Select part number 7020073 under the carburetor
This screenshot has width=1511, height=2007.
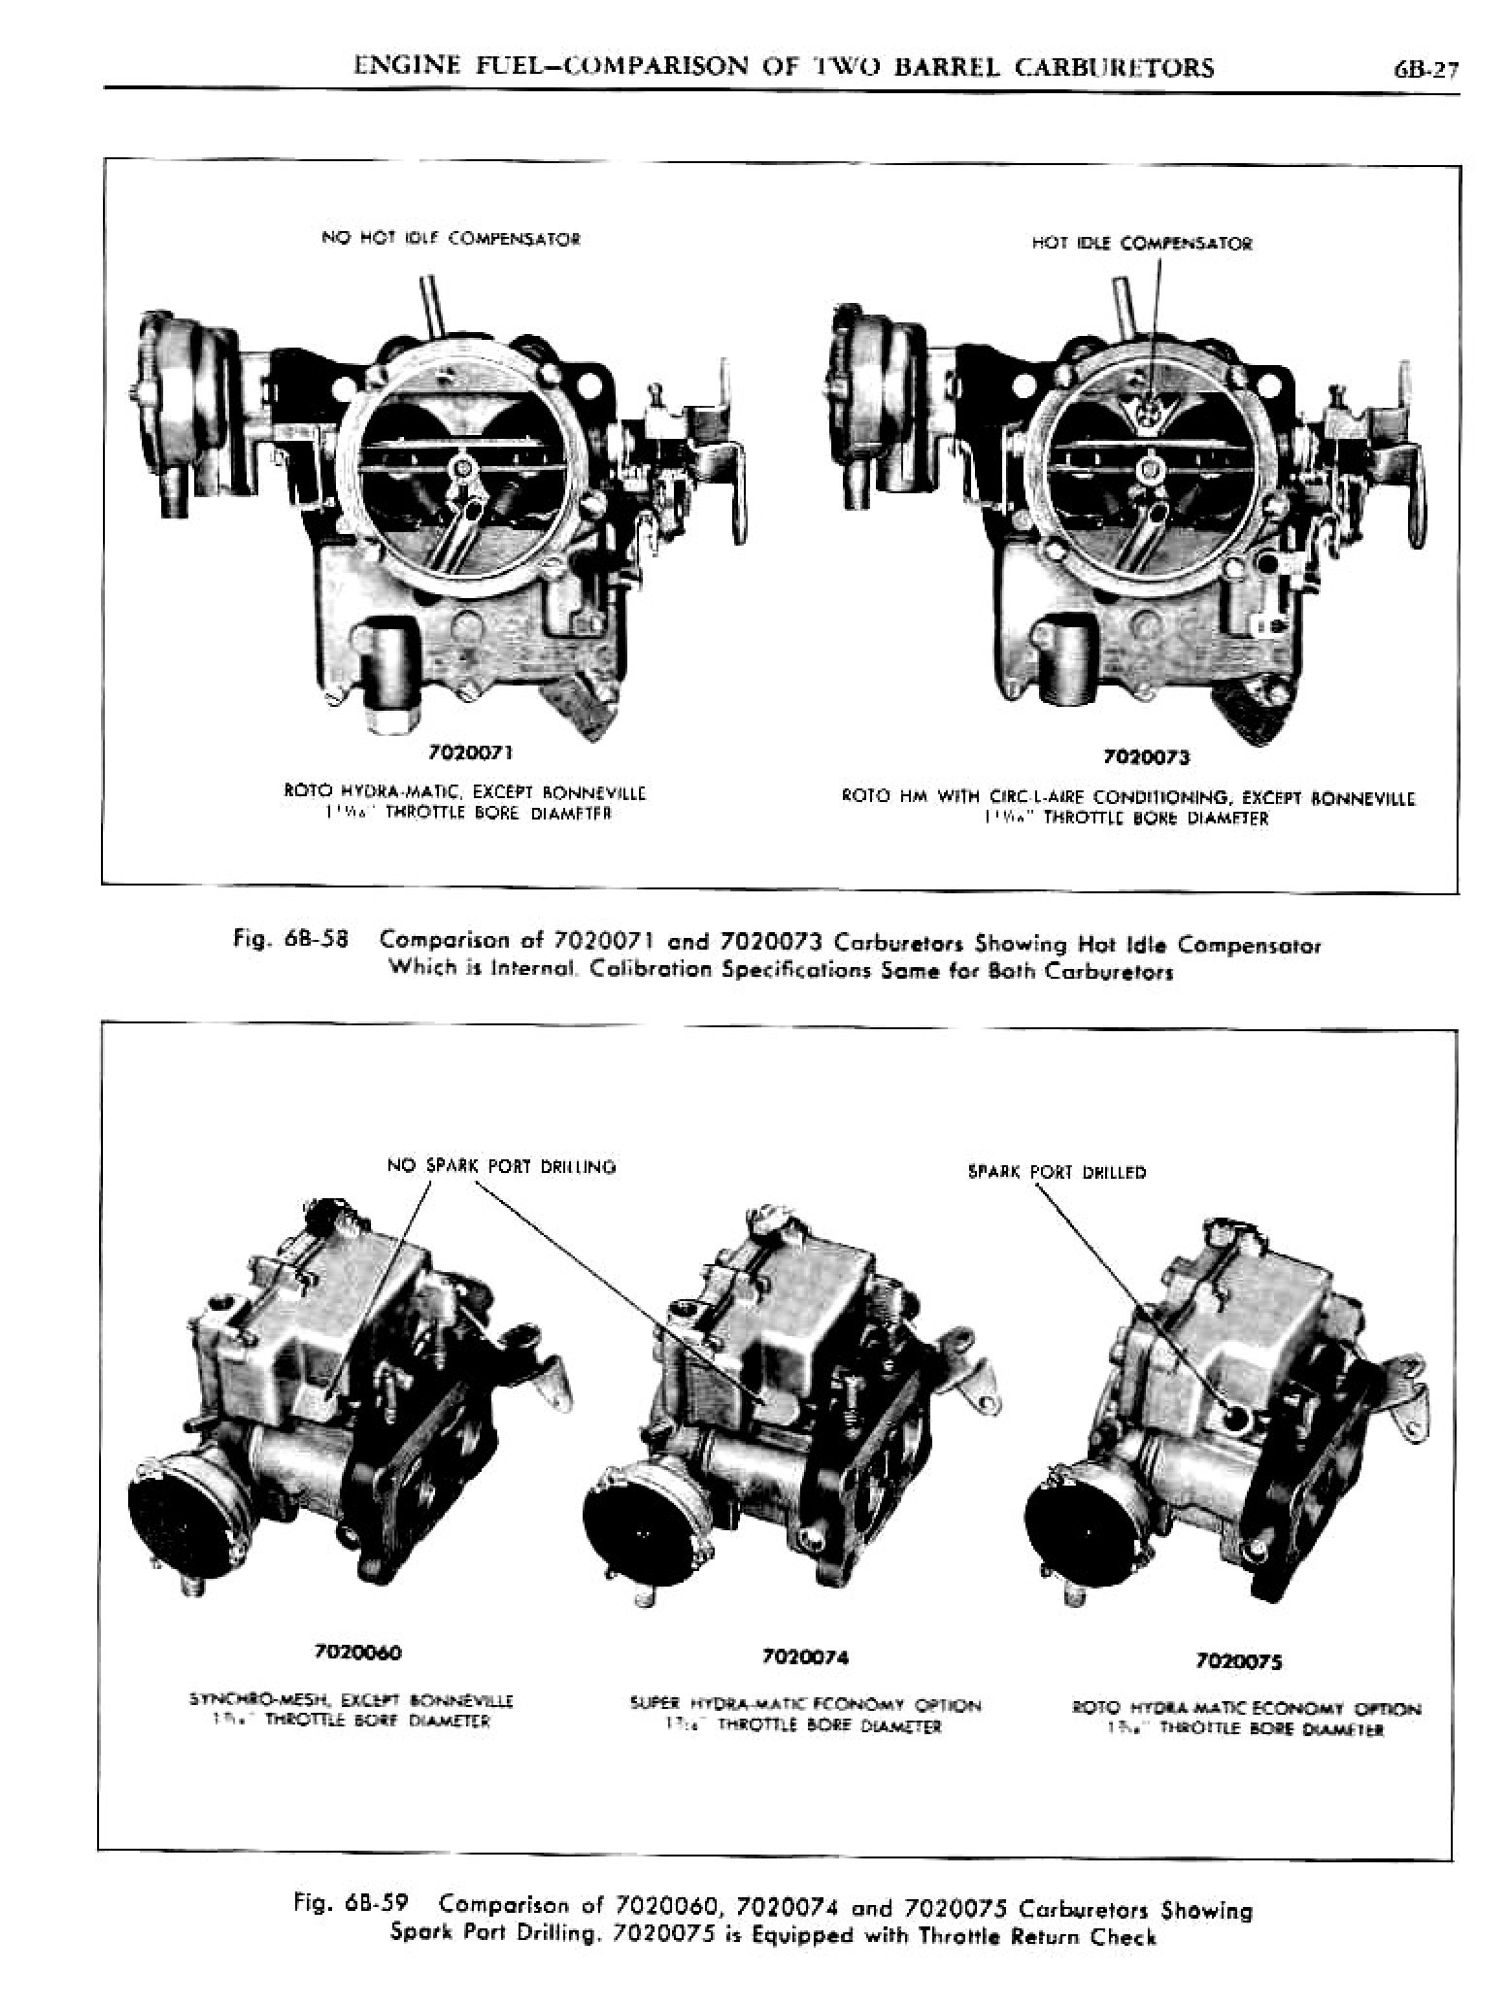1146,757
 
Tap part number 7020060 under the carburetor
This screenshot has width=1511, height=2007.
357,1652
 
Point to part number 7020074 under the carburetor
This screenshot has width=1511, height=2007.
806,1656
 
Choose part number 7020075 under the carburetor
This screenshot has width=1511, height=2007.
1240,1661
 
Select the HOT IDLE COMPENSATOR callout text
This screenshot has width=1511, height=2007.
1141,244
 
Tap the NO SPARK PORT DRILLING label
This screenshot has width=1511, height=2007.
501,1166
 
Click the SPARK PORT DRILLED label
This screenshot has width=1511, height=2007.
1057,1172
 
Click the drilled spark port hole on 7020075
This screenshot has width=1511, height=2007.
1236,1418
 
